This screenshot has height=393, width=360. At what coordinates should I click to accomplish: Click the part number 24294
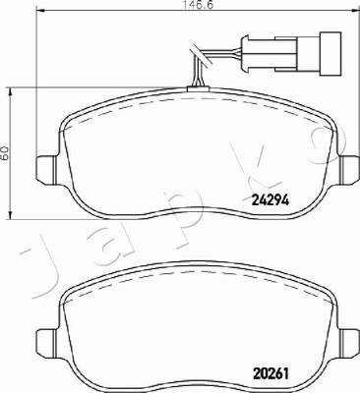click(x=270, y=199)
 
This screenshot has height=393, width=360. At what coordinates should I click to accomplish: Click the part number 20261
click(x=270, y=373)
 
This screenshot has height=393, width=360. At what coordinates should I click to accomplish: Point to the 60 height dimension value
click(x=5, y=153)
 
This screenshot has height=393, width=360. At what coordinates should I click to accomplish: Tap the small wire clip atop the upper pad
click(x=197, y=88)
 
